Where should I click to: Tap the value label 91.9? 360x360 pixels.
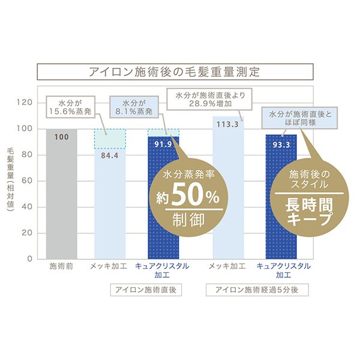(x=163, y=145)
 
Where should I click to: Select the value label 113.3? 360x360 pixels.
(x=228, y=125)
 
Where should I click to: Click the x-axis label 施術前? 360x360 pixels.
(x=61, y=266)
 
